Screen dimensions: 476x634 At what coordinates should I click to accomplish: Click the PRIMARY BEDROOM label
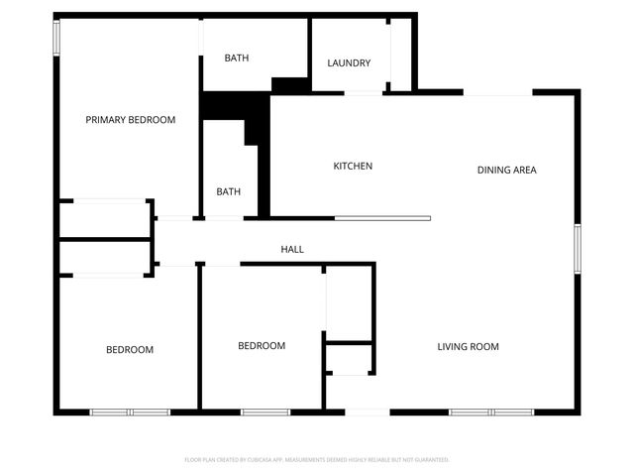pyautogui.click(x=130, y=120)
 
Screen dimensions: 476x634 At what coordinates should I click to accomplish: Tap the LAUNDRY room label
pyautogui.click(x=349, y=63)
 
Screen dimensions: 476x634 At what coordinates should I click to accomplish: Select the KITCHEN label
pyautogui.click(x=352, y=166)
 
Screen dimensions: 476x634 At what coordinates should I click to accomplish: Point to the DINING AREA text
pyautogui.click(x=506, y=170)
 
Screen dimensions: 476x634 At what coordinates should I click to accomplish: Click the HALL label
pyautogui.click(x=291, y=249)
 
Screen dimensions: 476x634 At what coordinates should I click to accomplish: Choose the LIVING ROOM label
pyautogui.click(x=468, y=347)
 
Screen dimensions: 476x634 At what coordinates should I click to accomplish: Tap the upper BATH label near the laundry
pyautogui.click(x=236, y=58)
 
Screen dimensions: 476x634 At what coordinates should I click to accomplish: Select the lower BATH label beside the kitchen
pyautogui.click(x=228, y=191)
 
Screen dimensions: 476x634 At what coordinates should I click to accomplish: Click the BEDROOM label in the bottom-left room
pyautogui.click(x=130, y=349)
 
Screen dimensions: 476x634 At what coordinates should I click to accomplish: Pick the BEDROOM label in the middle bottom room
pyautogui.click(x=262, y=346)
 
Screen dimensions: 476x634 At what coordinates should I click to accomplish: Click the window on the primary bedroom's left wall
pyautogui.click(x=56, y=38)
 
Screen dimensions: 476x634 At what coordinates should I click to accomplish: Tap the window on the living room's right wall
pyautogui.click(x=577, y=248)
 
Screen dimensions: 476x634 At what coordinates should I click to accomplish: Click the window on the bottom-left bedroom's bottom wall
pyautogui.click(x=130, y=413)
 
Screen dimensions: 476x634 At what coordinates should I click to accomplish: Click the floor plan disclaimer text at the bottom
pyautogui.click(x=317, y=460)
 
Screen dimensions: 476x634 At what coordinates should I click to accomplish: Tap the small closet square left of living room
pyautogui.click(x=349, y=358)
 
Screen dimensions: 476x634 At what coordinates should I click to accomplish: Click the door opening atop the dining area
pyautogui.click(x=498, y=93)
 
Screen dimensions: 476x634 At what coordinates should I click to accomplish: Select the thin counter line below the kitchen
pyautogui.click(x=382, y=218)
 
